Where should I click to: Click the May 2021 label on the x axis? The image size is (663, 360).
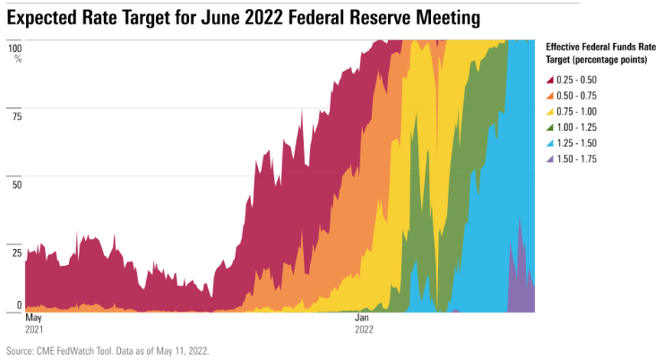(33, 323)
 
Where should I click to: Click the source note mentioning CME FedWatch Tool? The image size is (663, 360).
(108, 351)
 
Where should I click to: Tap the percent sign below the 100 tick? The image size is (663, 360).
(17, 58)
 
